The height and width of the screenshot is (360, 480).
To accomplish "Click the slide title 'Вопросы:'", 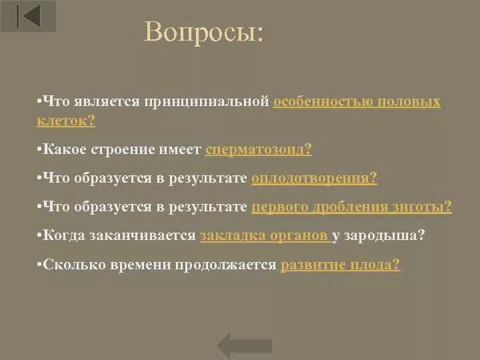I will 204,33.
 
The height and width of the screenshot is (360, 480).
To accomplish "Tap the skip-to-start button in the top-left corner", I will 28,15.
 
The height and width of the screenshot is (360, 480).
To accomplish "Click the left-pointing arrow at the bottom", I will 245,345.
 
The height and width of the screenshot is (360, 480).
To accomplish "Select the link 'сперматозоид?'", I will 259,149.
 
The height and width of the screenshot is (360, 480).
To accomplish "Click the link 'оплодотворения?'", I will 314,178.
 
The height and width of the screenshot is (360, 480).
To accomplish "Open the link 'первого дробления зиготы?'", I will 351,207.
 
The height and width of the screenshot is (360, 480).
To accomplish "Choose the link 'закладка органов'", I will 263,235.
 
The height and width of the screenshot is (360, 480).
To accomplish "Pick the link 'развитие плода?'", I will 341,264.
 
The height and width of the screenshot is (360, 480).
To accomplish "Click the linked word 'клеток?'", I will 66,121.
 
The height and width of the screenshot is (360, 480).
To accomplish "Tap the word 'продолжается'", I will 234,264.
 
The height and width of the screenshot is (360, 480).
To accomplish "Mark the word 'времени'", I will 147,264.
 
